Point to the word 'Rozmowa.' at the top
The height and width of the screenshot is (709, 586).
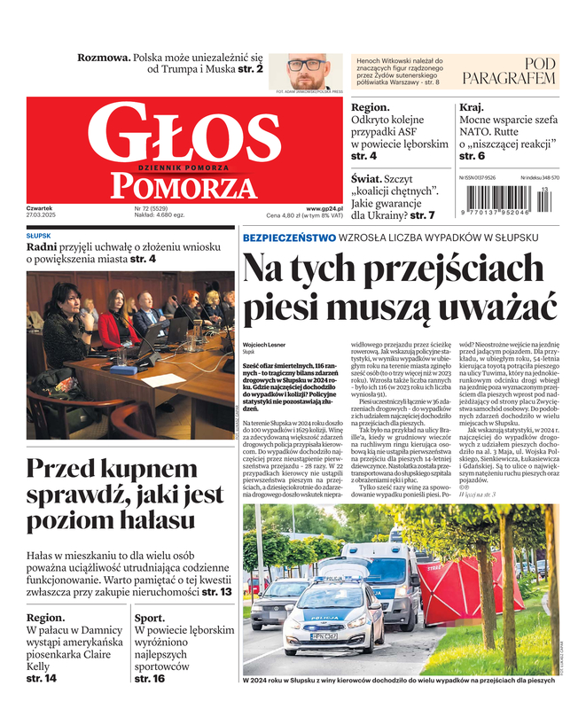click(103, 57)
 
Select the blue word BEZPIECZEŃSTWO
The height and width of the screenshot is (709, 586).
click(289, 238)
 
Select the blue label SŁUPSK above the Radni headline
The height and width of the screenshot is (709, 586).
click(39, 236)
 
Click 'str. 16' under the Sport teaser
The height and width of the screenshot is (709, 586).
click(150, 678)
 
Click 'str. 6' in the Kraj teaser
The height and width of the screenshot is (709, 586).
click(472, 156)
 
